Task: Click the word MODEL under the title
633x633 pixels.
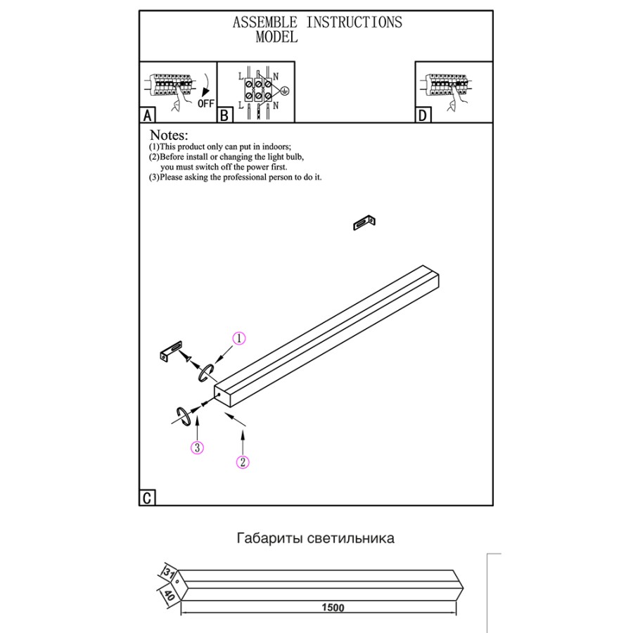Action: [x=276, y=38]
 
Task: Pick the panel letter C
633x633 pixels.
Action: [x=147, y=498]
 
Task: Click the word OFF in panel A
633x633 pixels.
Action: [x=205, y=103]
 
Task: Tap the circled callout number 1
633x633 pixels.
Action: [x=239, y=339]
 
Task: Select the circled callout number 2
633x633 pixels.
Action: [x=243, y=462]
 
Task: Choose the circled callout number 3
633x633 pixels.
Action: [x=198, y=447]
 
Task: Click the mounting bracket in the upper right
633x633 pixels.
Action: [x=364, y=223]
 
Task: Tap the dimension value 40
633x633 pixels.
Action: [x=170, y=596]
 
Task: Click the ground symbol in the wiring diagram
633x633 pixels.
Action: [x=285, y=91]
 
